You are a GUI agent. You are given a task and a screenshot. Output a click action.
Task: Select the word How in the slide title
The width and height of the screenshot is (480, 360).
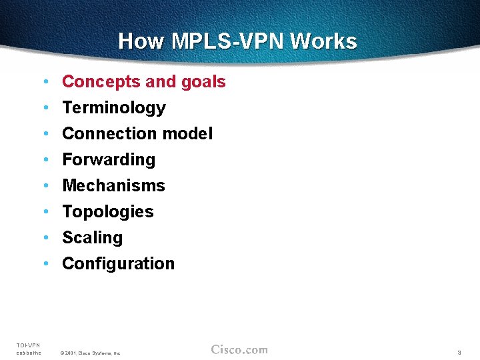point(141,41)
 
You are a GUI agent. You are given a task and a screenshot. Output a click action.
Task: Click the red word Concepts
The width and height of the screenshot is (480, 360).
point(101,82)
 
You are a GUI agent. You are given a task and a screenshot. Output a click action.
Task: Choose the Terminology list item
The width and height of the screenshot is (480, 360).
point(113,108)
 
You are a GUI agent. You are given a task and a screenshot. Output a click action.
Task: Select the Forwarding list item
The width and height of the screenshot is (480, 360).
point(108,160)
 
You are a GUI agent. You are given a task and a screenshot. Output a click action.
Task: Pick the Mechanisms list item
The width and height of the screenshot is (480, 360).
point(113,186)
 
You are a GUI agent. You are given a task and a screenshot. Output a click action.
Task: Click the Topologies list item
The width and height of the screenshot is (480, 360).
point(107,212)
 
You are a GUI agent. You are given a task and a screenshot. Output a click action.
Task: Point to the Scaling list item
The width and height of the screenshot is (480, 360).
point(92,238)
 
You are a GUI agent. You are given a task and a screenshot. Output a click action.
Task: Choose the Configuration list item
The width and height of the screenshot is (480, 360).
point(118,264)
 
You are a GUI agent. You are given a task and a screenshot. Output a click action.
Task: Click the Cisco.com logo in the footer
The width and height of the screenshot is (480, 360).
point(239,350)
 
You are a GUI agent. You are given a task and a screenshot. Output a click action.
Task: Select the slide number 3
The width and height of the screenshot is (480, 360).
point(459,352)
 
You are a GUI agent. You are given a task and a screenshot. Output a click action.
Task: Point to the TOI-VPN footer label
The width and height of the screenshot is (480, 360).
point(28,345)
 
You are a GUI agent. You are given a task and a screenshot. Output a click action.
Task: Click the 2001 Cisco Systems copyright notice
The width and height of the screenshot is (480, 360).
point(90,353)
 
